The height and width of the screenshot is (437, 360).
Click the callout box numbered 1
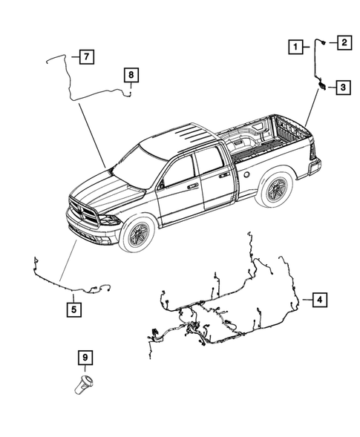pos(296,47)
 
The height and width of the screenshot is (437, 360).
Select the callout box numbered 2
pos(344,42)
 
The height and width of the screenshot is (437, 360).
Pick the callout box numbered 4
pos(318,300)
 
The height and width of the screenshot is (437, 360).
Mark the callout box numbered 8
pos(130,74)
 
